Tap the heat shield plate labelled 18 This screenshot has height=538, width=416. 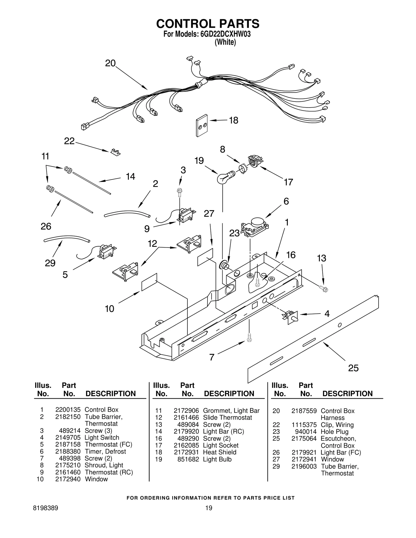[x=202, y=125]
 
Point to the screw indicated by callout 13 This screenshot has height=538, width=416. [x=323, y=289]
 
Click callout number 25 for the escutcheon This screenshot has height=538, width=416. [x=353, y=368]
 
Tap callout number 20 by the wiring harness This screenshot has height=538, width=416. [x=110, y=63]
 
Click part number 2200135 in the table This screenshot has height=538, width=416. [x=68, y=410]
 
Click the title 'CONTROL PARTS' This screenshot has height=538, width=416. [x=208, y=24]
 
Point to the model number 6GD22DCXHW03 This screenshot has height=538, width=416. [x=226, y=34]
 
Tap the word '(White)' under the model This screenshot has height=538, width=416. [x=225, y=42]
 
